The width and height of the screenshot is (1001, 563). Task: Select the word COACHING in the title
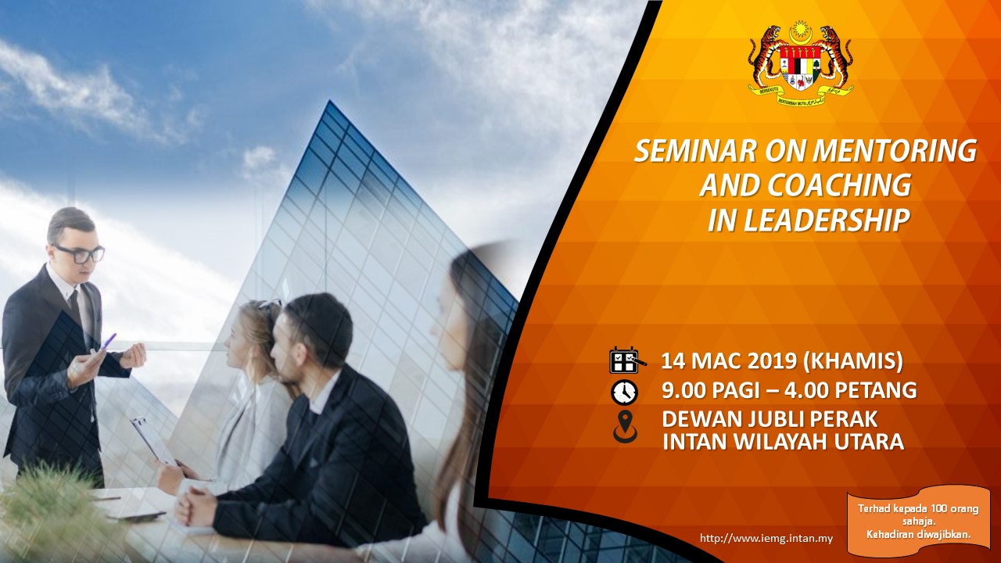point(839,185)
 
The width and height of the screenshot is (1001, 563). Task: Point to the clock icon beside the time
point(624,393)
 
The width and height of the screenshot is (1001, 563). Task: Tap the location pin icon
point(625,427)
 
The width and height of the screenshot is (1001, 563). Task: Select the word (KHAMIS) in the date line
point(853,362)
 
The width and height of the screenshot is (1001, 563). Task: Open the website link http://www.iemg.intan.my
point(766,539)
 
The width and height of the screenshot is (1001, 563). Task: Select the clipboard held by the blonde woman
point(154,442)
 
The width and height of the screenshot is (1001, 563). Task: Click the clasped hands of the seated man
point(196,509)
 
